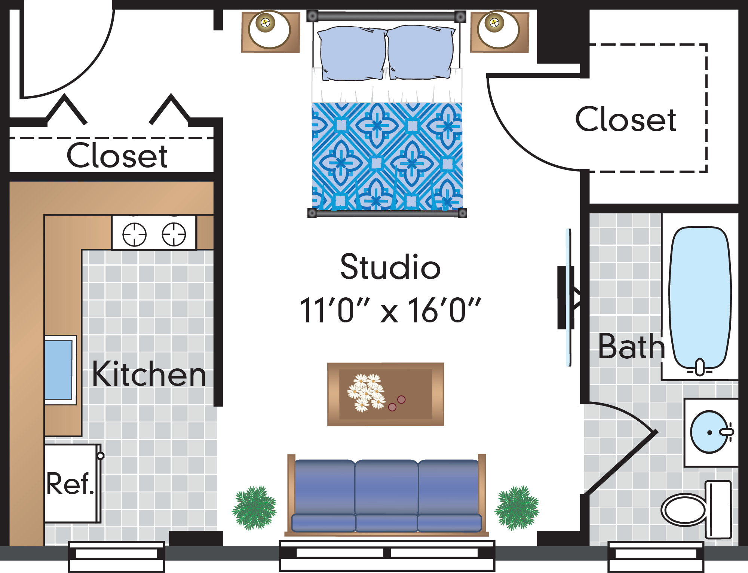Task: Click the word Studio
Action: pos(390,266)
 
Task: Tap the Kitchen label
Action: pos(149,374)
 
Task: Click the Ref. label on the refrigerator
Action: pos(70,483)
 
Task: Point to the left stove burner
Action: pos(134,235)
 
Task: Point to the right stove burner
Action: pos(174,235)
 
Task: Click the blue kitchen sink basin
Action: pos(58,370)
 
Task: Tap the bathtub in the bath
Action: pos(700,297)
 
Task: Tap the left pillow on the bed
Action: pos(352,53)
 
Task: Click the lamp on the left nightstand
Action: pos(269,30)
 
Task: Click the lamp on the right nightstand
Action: pos(498,30)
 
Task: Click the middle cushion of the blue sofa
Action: pos(386,494)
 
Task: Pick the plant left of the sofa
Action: pos(254,508)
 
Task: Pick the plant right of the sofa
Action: pos(517,508)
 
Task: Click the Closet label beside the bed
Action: pos(625,119)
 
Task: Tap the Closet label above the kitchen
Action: pos(117,155)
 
